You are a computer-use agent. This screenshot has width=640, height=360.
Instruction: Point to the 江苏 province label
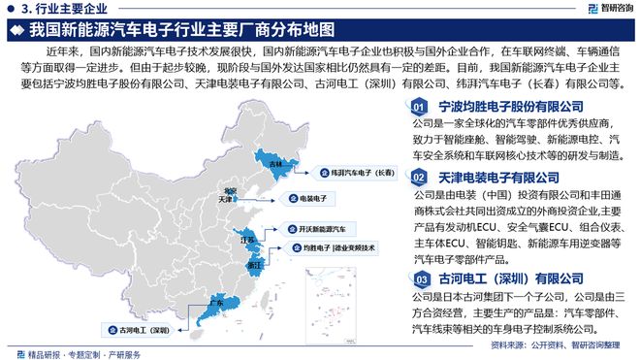click(246, 238)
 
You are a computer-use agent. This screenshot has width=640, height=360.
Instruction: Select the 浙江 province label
click(253, 264)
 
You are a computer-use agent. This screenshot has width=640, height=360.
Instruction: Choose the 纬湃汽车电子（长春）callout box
click(361, 172)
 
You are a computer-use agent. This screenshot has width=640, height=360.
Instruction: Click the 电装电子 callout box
click(309, 198)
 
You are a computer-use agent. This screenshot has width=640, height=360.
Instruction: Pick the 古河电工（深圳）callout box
click(144, 329)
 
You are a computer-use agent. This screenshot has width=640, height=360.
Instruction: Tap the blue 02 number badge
click(418, 178)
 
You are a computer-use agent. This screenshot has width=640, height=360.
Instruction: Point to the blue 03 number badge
click(418, 278)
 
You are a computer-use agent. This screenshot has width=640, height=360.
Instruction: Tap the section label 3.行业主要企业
click(48, 9)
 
